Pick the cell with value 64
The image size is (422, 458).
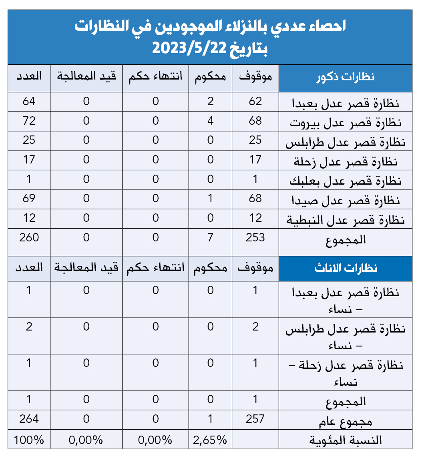point(29,101)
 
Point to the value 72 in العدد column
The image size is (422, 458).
point(29,121)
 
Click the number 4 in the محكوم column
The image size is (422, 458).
point(210,121)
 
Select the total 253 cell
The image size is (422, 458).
point(255,237)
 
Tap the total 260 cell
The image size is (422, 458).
point(29,237)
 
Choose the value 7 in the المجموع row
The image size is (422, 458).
point(210,237)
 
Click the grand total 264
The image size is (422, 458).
point(29,419)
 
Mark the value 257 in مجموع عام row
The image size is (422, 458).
point(255,419)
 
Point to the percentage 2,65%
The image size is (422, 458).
point(210,440)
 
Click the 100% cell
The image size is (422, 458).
point(29,440)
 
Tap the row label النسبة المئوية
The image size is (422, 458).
point(346,440)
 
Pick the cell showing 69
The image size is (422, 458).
point(29,198)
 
